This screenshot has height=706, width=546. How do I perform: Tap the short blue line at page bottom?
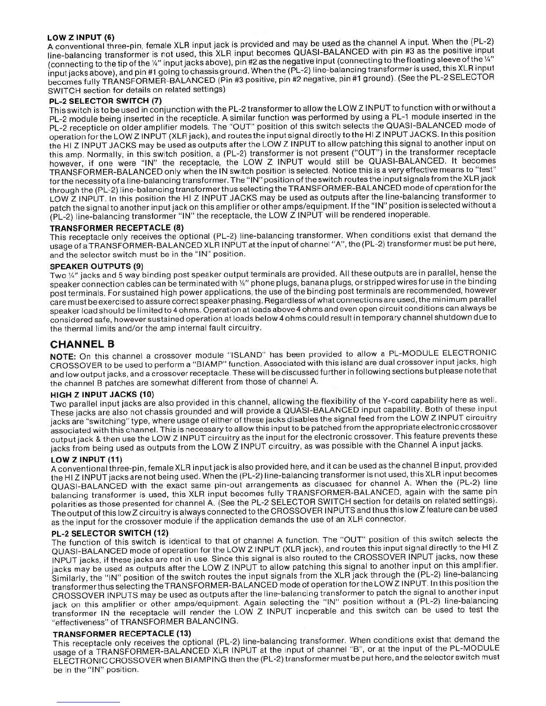coord(88,703)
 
